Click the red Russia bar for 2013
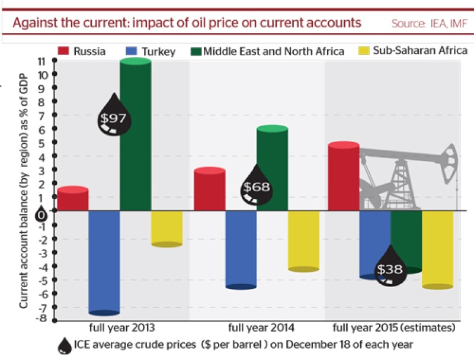(73, 198)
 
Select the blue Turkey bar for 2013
(104, 263)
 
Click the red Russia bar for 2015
(344, 176)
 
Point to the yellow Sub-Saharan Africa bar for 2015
(438, 250)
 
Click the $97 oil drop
(114, 114)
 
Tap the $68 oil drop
(257, 185)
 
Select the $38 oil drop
(390, 266)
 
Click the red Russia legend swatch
(63, 51)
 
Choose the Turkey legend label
(159, 52)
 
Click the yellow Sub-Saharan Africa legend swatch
(364, 50)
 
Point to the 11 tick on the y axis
(55, 60)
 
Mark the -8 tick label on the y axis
(41, 319)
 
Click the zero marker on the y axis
(41, 215)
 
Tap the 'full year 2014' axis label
(261, 327)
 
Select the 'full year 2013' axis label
(122, 327)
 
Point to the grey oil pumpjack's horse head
(449, 163)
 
